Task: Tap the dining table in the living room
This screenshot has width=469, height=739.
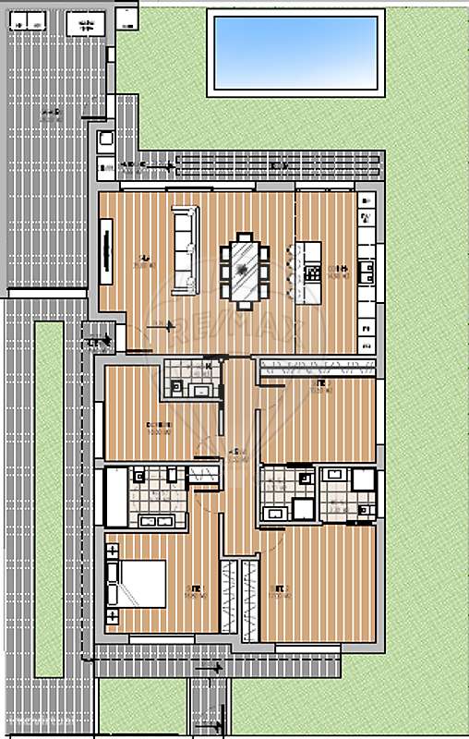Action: click(246, 269)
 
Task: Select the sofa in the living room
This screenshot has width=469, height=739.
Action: click(186, 250)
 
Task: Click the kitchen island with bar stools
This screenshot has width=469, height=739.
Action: click(309, 270)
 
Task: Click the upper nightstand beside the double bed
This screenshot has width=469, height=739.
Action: click(113, 551)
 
